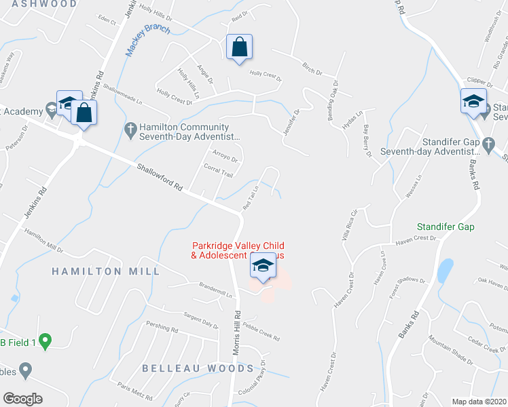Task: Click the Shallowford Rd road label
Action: [x=160, y=176]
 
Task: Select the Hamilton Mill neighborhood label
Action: [x=107, y=271]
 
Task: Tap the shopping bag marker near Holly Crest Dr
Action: [x=239, y=48]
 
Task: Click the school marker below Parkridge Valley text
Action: [x=261, y=267]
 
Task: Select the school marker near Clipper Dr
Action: [x=473, y=102]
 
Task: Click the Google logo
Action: [x=22, y=399]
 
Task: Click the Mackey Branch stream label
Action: [x=147, y=42]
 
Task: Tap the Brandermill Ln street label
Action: [x=215, y=290]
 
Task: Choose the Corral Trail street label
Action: [x=219, y=172]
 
